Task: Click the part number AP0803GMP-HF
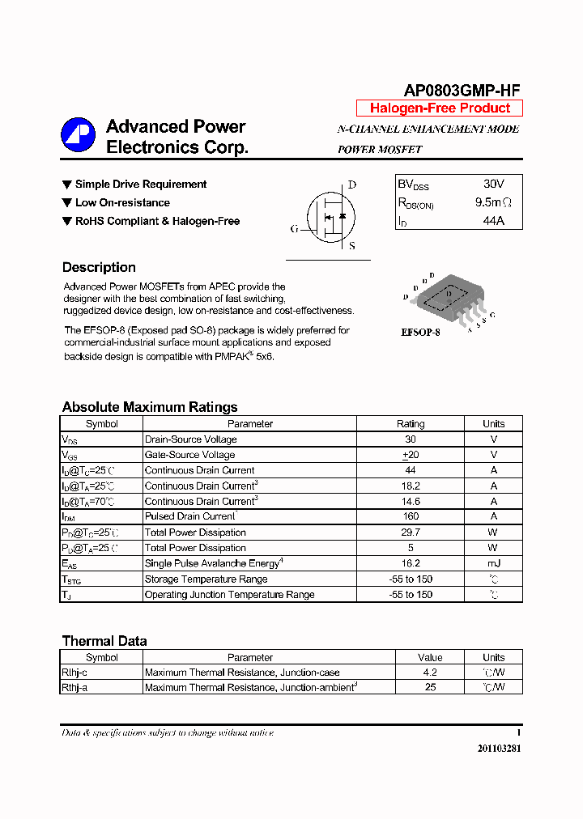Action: click(462, 91)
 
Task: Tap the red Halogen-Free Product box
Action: click(440, 108)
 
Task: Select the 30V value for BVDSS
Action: click(493, 185)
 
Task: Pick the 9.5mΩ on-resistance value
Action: click(493, 202)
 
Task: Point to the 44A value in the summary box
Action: click(493, 220)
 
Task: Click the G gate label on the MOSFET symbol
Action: click(294, 229)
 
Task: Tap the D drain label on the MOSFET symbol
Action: click(352, 185)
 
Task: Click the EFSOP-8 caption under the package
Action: click(421, 333)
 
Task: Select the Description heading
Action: click(99, 267)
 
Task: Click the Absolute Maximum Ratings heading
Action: click(150, 407)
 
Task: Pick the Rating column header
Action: click(411, 423)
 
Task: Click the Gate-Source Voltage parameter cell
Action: click(189, 455)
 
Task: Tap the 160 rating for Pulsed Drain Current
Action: click(411, 516)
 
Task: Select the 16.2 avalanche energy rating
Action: click(411, 563)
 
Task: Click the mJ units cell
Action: click(493, 563)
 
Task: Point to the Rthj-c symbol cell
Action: click(74, 673)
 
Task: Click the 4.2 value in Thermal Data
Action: click(430, 673)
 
